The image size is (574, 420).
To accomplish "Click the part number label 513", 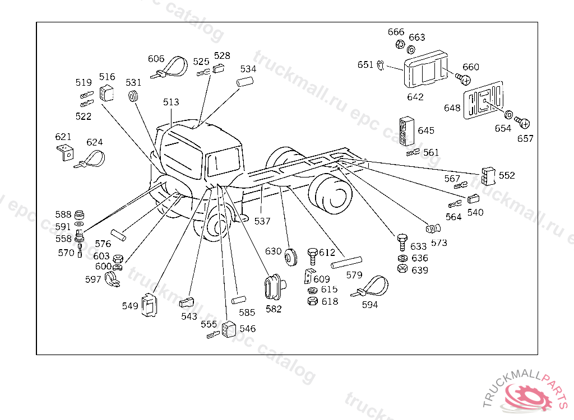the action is (x=171, y=102).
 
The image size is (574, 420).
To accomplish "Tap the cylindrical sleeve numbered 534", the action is (x=245, y=82).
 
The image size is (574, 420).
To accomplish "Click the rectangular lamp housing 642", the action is (x=425, y=69).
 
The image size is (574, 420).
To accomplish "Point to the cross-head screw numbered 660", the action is (x=463, y=78).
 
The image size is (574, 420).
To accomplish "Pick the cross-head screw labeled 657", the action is (x=522, y=123).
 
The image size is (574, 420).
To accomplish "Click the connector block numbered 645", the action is (x=406, y=131).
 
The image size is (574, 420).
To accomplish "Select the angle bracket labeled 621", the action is (x=65, y=152).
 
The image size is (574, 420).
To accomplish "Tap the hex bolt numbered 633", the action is (x=402, y=242).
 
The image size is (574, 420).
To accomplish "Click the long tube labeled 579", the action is (x=346, y=262).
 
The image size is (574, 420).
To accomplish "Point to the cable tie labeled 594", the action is (x=370, y=287).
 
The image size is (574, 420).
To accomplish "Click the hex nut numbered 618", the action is (x=312, y=301).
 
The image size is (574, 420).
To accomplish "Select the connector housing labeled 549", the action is (x=149, y=305).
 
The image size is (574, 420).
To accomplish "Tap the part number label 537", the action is (x=262, y=221).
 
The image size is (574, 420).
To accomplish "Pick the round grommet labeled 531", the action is (x=133, y=96).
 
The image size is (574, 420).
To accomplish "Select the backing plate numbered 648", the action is (x=483, y=100).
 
